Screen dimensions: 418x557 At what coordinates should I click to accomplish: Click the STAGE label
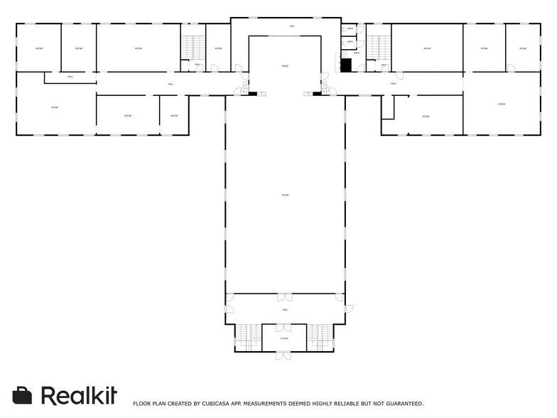point(284,66)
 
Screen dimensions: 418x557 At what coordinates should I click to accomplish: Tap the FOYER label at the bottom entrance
point(284,338)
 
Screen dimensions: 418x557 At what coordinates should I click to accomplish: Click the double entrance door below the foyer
point(283,355)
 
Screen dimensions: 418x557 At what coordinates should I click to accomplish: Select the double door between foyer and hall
point(283,327)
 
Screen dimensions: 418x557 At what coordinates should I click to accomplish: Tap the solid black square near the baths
point(346,65)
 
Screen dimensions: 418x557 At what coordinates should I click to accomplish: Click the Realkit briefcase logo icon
point(23,395)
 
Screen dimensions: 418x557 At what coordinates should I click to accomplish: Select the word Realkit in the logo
point(78,395)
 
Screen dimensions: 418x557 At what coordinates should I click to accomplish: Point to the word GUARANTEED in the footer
point(403,404)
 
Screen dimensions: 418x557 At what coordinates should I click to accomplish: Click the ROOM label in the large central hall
point(284,195)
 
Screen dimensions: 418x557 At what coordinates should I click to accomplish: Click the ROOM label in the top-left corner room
point(38,48)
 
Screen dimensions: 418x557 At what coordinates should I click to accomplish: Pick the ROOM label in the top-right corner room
point(522,48)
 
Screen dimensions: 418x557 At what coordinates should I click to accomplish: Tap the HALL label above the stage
point(292,26)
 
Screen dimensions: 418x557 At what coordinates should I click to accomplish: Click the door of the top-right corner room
point(511,68)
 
